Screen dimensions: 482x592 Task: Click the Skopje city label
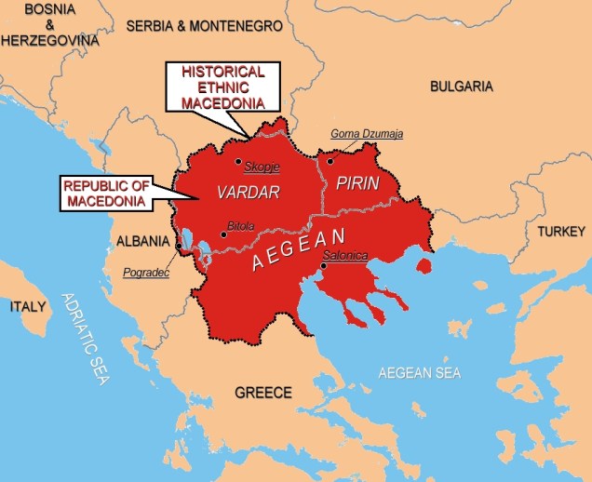click(261, 167)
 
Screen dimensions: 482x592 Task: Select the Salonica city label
click(344, 255)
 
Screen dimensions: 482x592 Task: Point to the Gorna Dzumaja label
click(367, 134)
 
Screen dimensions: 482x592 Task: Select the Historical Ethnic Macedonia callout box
click(223, 86)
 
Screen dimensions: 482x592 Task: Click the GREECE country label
click(263, 392)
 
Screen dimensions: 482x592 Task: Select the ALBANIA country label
click(142, 241)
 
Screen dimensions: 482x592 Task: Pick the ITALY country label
click(27, 306)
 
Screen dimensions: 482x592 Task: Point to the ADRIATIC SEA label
click(86, 340)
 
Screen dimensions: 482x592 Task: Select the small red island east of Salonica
click(424, 266)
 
